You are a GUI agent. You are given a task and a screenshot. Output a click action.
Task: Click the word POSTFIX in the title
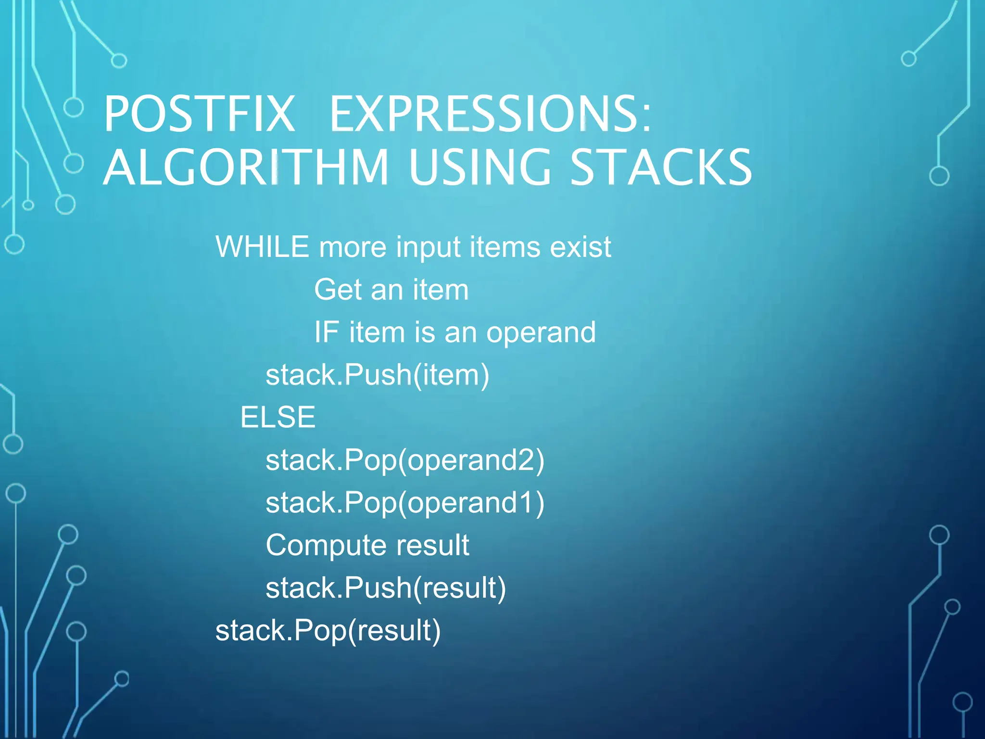199,114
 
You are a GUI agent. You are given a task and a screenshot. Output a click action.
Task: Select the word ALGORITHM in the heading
246,167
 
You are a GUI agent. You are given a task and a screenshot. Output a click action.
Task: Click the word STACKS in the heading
661,167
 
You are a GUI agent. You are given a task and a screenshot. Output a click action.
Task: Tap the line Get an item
391,290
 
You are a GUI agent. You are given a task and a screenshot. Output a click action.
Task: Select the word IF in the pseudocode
326,332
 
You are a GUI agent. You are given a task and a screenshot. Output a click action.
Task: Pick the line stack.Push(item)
377,375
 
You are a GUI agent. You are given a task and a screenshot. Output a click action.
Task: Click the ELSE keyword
278,417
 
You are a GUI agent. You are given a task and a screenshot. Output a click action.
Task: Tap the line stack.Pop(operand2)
404,460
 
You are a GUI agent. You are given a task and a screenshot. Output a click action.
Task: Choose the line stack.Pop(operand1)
404,503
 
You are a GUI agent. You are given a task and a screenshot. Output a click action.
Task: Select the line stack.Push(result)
385,588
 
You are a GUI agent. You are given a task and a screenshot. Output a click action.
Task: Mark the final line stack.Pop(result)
328,630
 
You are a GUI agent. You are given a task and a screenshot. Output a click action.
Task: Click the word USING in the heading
480,167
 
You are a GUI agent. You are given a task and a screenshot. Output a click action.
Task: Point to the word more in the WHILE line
353,247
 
